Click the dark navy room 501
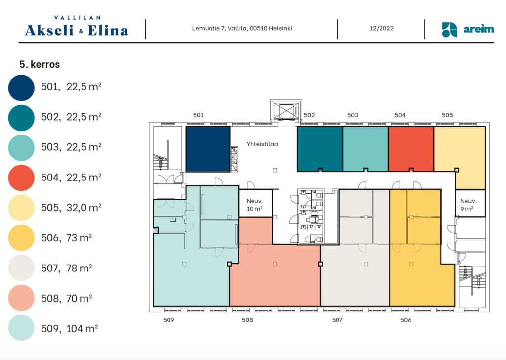[208, 149]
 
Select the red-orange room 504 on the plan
[411, 148]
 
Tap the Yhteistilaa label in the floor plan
[262, 144]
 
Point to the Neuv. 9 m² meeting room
[470, 203]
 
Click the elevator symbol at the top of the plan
[286, 111]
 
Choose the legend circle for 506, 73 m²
[21, 238]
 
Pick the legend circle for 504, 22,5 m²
[21, 178]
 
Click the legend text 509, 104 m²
[69, 329]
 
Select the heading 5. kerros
[40, 64]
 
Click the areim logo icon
[449, 30]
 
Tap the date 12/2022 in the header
[381, 28]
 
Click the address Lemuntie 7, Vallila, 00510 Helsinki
[242, 28]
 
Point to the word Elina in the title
[108, 30]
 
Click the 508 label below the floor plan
[247, 320]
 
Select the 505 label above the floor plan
[447, 115]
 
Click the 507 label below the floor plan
[337, 320]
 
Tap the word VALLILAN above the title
[78, 18]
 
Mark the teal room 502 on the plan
[320, 148]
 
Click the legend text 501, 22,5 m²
[71, 87]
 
